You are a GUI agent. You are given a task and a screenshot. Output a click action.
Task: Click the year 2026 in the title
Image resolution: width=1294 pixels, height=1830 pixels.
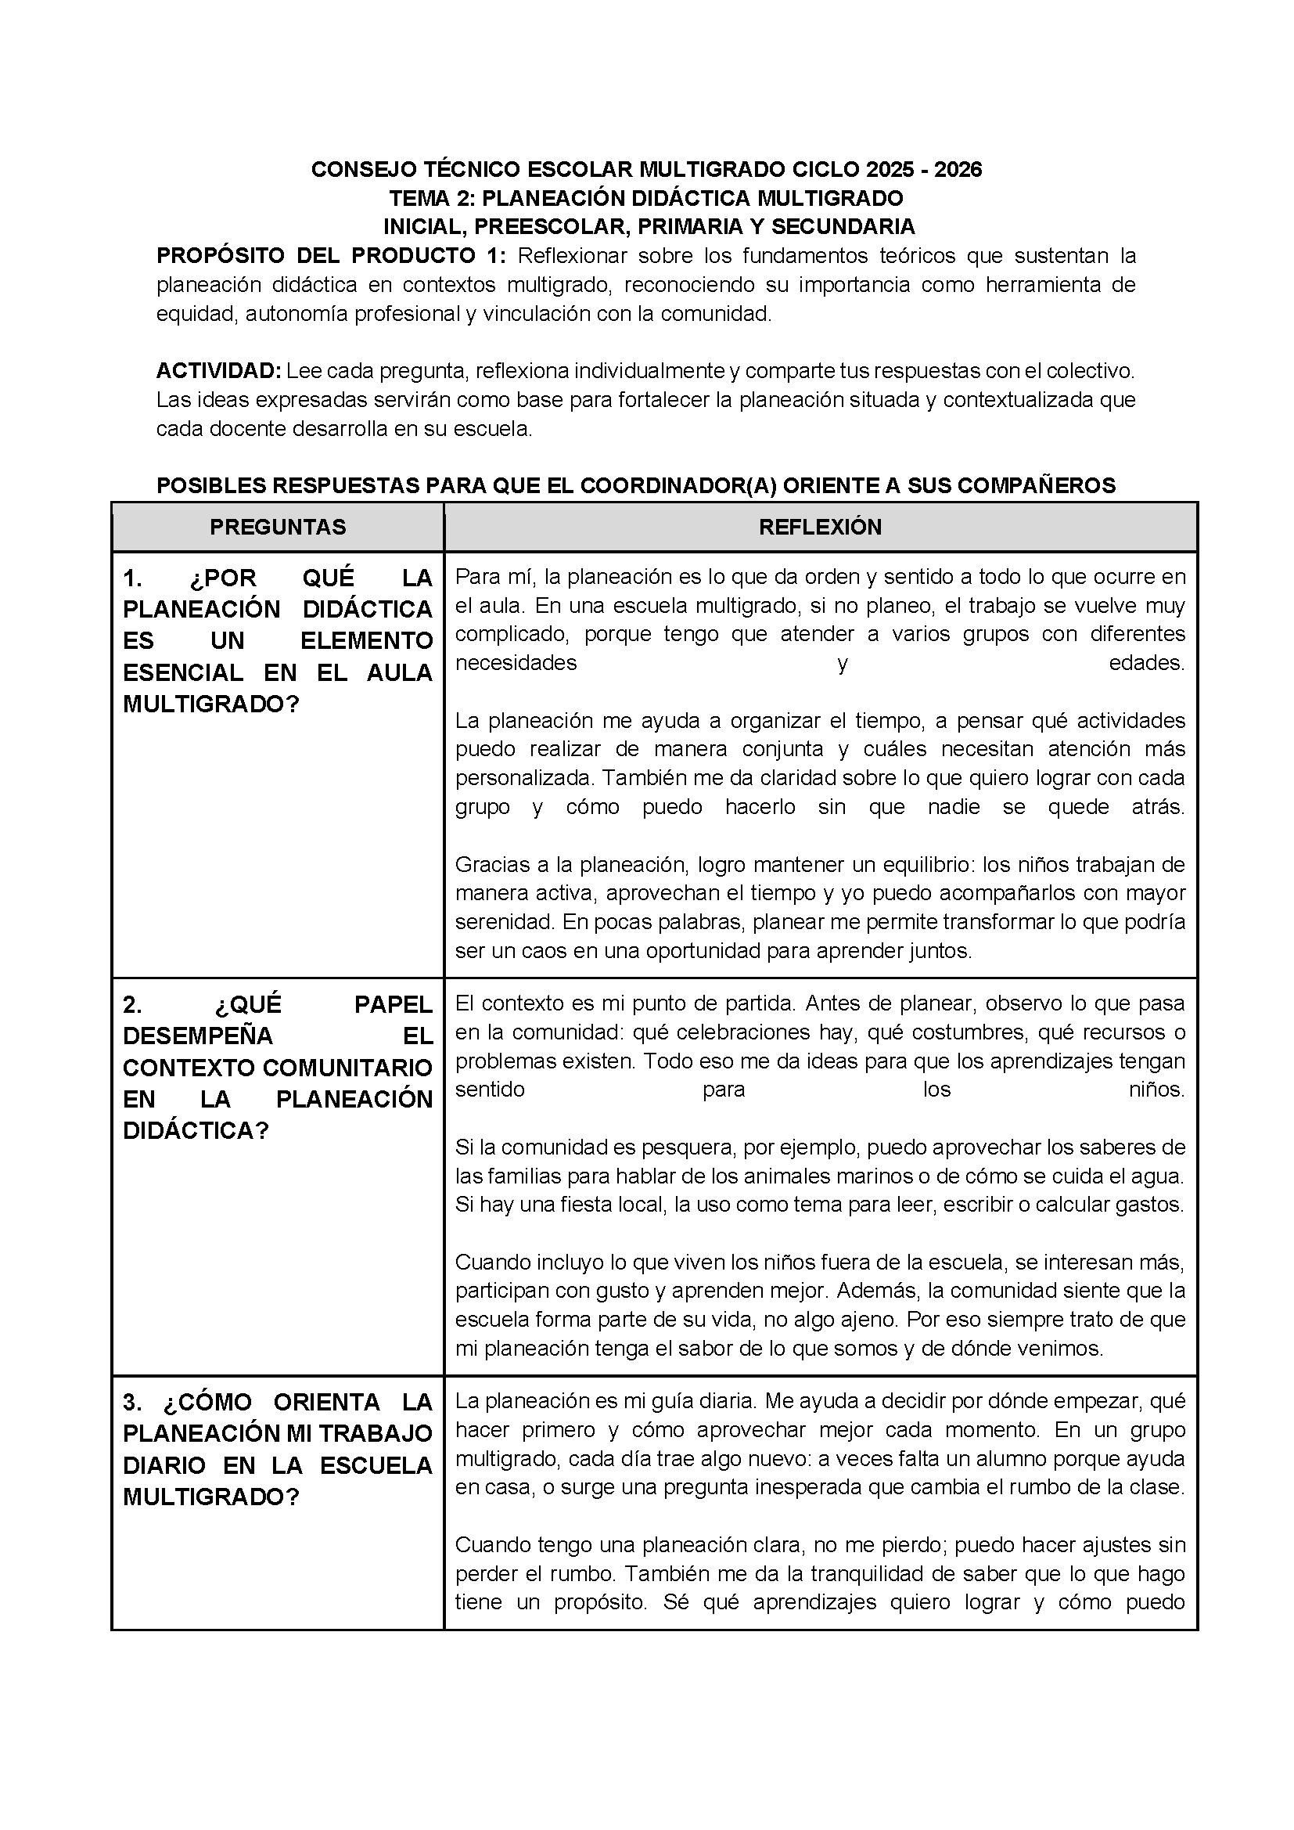click(958, 170)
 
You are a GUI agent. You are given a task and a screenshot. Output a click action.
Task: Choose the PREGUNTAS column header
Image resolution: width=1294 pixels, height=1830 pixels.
click(278, 527)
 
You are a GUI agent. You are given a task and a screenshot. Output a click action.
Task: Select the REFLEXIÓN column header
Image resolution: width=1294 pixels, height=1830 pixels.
click(820, 527)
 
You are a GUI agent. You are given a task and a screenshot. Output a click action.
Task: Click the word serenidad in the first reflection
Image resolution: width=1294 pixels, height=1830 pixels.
click(505, 922)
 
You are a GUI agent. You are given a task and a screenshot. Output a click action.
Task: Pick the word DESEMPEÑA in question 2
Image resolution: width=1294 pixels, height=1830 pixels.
click(198, 1036)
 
